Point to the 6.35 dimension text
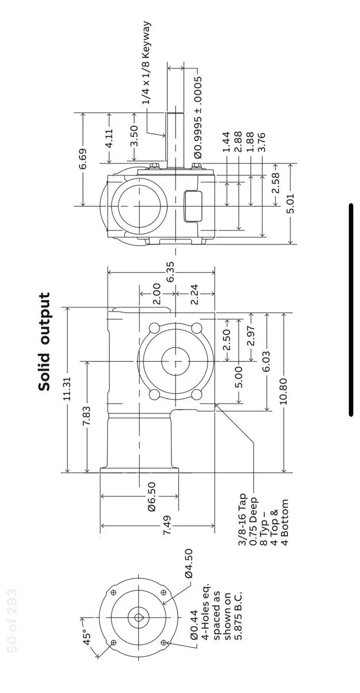click(x=170, y=272)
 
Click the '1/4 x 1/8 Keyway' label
click(x=147, y=63)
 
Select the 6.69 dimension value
click(x=83, y=159)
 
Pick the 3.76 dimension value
click(x=262, y=143)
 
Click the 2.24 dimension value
click(x=194, y=294)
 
